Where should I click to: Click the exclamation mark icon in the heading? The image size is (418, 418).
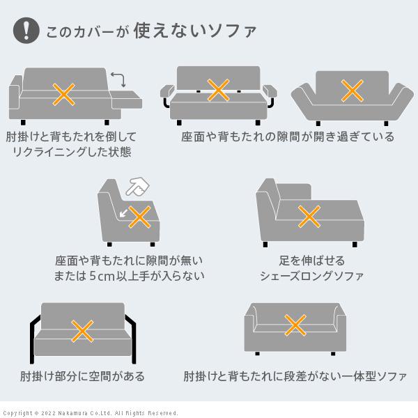pos(26,30)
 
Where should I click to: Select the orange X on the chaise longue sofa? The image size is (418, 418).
pos(309,217)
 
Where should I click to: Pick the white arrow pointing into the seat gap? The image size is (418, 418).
pos(125,212)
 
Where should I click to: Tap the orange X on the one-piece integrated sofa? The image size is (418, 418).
pos(295,324)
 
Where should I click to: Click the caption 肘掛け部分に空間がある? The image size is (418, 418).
pos(83,377)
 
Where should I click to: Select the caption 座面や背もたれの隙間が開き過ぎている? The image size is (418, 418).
pos(288,137)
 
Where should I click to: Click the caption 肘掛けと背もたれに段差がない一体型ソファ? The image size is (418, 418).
pos(295,377)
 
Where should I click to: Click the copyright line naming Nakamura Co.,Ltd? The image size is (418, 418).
pos(91,412)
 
